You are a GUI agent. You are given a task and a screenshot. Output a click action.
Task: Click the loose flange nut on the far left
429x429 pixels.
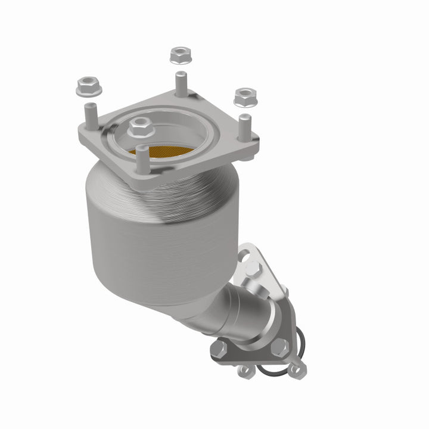89,88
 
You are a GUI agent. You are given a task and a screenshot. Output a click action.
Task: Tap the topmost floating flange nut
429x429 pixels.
179,55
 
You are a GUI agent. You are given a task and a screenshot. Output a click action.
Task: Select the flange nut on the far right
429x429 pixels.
244,96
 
